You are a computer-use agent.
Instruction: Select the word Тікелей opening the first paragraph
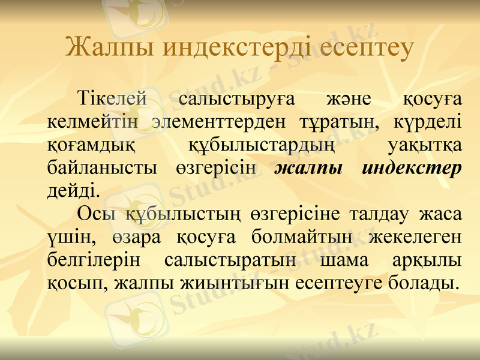[x=113, y=98]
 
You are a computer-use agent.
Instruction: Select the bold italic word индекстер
[x=412, y=168]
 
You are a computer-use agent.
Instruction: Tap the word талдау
[x=380, y=214]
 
